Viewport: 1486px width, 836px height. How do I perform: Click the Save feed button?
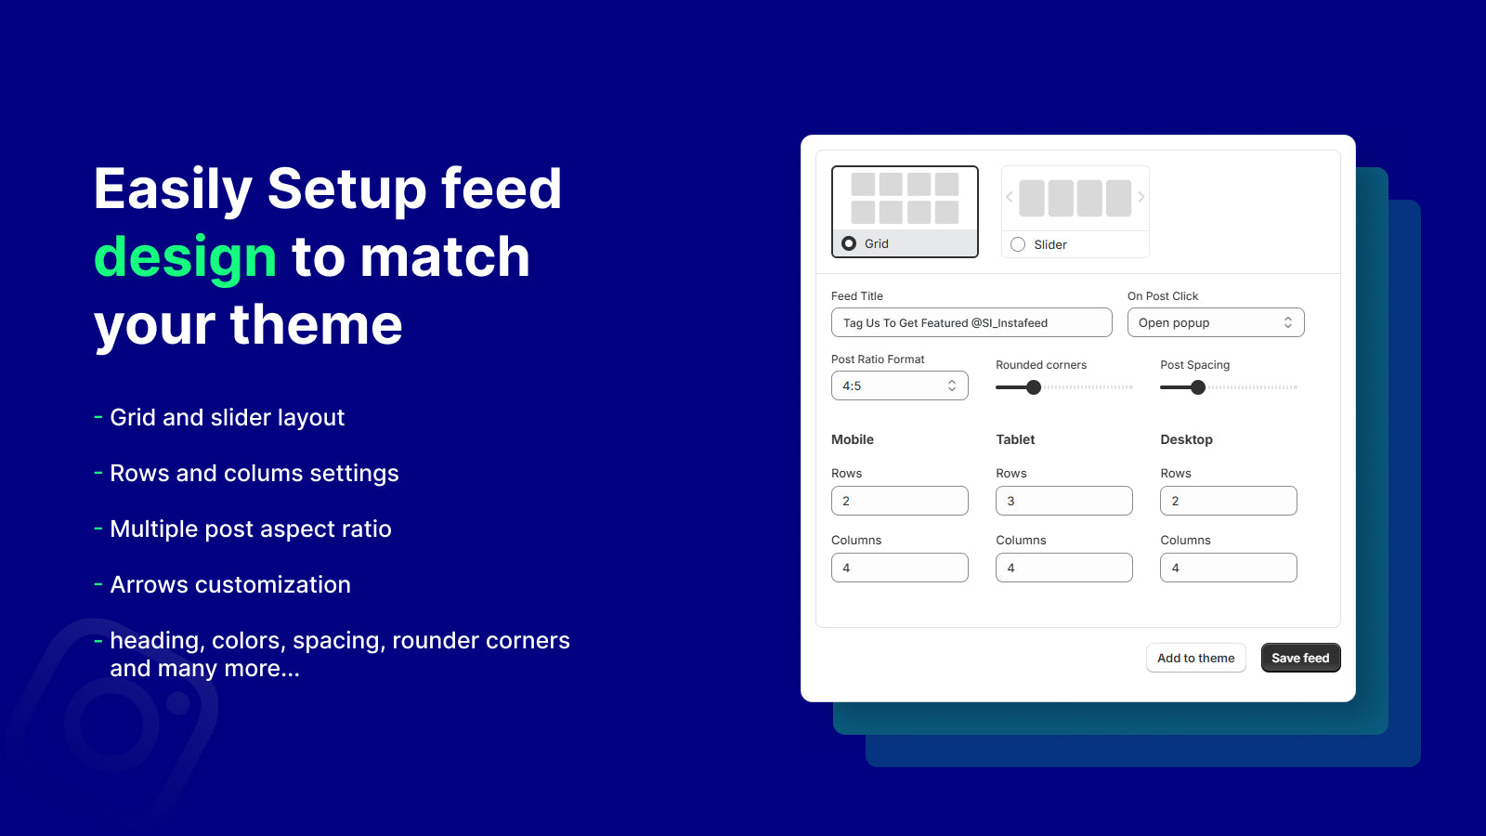point(1300,658)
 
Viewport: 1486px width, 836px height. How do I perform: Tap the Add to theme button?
point(1195,658)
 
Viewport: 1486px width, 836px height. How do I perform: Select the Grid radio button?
point(849,243)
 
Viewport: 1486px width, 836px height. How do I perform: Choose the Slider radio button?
point(1018,244)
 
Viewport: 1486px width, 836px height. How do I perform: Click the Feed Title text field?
point(971,322)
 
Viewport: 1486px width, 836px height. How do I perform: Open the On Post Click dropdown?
point(1216,322)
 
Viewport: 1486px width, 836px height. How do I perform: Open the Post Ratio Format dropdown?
point(900,385)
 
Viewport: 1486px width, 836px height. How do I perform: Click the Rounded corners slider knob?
point(1034,387)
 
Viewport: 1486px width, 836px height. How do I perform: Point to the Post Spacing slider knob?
point(1197,387)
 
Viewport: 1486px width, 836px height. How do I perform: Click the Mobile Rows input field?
point(900,501)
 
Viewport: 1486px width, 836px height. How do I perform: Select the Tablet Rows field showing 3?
point(1064,501)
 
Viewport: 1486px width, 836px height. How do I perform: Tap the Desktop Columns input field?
point(1228,568)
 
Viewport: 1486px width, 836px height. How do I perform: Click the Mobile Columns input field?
point(900,568)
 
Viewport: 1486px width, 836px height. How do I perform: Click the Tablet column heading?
point(1015,439)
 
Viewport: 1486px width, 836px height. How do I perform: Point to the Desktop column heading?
point(1186,439)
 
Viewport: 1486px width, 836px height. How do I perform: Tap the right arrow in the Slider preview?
point(1141,197)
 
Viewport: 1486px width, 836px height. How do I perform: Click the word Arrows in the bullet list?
point(150,584)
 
